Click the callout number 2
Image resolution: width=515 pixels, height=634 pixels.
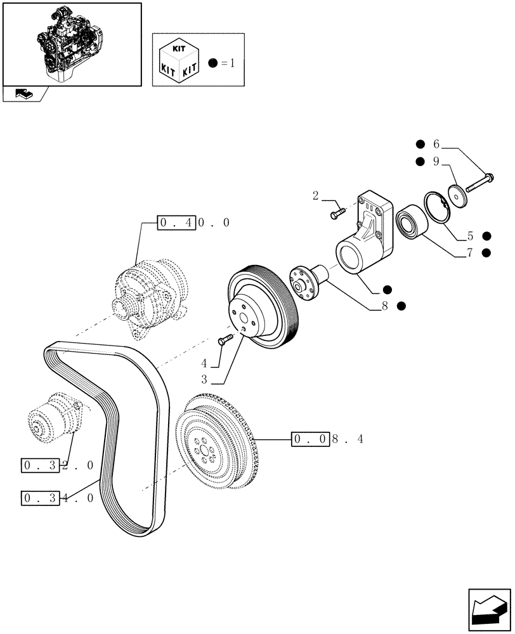point(316,196)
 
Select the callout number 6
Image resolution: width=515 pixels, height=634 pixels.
point(436,144)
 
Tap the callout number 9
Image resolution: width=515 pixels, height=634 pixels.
point(436,162)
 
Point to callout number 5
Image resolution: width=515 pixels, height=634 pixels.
point(470,236)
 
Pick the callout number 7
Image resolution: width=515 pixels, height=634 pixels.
point(470,252)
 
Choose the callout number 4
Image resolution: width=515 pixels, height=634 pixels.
point(204,363)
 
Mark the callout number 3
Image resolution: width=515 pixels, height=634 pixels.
point(204,380)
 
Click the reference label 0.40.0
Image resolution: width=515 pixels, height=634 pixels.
point(194,223)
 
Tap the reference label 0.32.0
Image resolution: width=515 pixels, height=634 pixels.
point(58,465)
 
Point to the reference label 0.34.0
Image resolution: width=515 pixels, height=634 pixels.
point(58,498)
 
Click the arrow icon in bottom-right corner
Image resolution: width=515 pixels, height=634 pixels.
point(489,610)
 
